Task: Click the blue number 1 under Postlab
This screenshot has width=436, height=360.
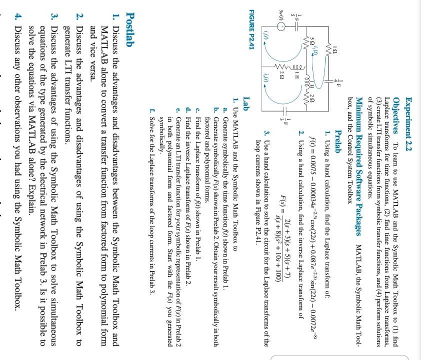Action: (114, 15)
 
